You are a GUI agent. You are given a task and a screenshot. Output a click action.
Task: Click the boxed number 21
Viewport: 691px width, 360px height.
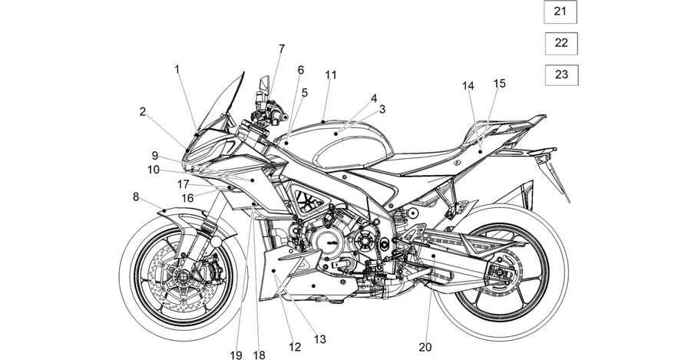coord(560,12)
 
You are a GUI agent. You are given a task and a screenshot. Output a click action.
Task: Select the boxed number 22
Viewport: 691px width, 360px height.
coord(561,43)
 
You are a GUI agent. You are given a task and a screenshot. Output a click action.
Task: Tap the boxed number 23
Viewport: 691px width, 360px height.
coord(561,75)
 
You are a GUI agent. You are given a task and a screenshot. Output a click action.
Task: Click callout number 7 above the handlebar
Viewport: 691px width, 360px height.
coord(282,48)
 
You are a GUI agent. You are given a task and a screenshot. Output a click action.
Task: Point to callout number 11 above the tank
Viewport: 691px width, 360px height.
coord(330,75)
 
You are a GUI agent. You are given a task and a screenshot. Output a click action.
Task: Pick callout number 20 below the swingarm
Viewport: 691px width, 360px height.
coord(425,347)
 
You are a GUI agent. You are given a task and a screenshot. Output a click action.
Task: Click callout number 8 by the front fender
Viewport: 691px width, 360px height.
coord(136,197)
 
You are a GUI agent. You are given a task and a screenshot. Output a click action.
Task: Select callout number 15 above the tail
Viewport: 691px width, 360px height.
coord(499,84)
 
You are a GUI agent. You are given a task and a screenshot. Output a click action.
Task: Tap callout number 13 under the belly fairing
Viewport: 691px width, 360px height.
coord(320,339)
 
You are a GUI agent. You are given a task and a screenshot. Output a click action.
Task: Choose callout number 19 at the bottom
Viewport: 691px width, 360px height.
coord(236,355)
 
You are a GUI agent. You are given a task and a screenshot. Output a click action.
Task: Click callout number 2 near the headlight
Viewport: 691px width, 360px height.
coord(142,111)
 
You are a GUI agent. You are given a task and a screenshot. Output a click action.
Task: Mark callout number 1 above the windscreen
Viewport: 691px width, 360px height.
coord(177,69)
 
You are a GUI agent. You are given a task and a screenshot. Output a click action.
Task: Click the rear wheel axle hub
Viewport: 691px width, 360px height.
coord(499,272)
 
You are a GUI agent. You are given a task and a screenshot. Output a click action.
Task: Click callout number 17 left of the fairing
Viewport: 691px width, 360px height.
coord(183,184)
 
